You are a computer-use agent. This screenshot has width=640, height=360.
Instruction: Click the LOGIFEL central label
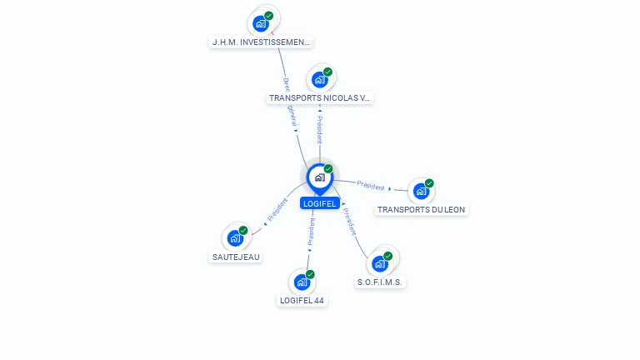(x=319, y=203)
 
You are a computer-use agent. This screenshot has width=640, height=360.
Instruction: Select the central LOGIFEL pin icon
(x=319, y=177)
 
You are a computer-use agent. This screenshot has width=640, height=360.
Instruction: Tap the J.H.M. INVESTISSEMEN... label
(x=262, y=42)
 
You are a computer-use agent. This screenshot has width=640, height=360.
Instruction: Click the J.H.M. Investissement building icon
(x=261, y=23)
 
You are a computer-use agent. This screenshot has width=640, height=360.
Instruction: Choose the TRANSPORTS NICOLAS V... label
(x=319, y=97)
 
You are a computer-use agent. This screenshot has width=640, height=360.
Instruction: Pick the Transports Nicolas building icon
(x=319, y=80)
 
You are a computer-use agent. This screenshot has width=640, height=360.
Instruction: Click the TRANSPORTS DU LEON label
(x=421, y=209)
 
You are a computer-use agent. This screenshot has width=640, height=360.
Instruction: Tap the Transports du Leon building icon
(x=421, y=192)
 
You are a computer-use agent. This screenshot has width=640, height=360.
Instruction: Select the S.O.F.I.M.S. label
(x=380, y=282)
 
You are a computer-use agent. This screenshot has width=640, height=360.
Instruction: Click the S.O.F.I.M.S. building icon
(x=380, y=264)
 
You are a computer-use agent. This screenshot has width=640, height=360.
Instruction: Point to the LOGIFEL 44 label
(x=302, y=300)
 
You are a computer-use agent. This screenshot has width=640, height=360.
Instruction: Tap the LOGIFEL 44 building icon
(x=302, y=282)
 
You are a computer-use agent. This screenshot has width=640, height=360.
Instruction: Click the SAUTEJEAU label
(x=236, y=257)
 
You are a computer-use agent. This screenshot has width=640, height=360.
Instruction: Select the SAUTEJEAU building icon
(x=235, y=238)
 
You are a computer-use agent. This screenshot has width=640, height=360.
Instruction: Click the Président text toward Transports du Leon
(x=371, y=186)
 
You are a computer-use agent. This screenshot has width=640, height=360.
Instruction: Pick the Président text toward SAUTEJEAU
(x=277, y=212)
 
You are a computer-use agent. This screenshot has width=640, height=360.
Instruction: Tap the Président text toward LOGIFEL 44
(x=311, y=234)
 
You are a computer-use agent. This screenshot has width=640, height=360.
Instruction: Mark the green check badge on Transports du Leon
(x=429, y=183)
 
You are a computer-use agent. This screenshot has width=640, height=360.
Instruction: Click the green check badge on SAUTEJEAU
(x=243, y=230)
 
